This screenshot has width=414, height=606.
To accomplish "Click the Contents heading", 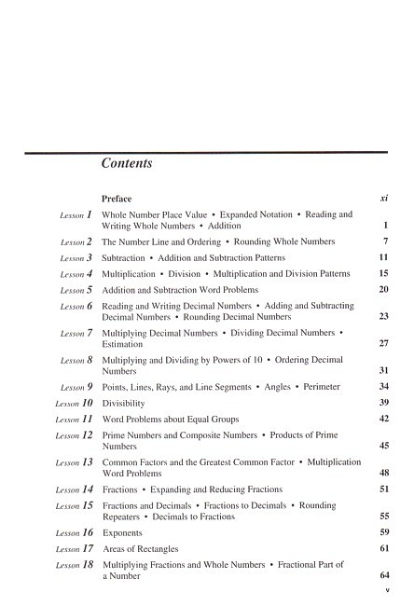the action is tap(127, 164).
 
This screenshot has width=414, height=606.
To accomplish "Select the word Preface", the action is tap(117, 199).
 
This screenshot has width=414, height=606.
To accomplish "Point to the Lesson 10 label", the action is tap(74, 404).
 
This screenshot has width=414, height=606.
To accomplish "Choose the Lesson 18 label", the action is tap(74, 565).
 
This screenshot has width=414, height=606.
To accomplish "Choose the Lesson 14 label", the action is tap(74, 489).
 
